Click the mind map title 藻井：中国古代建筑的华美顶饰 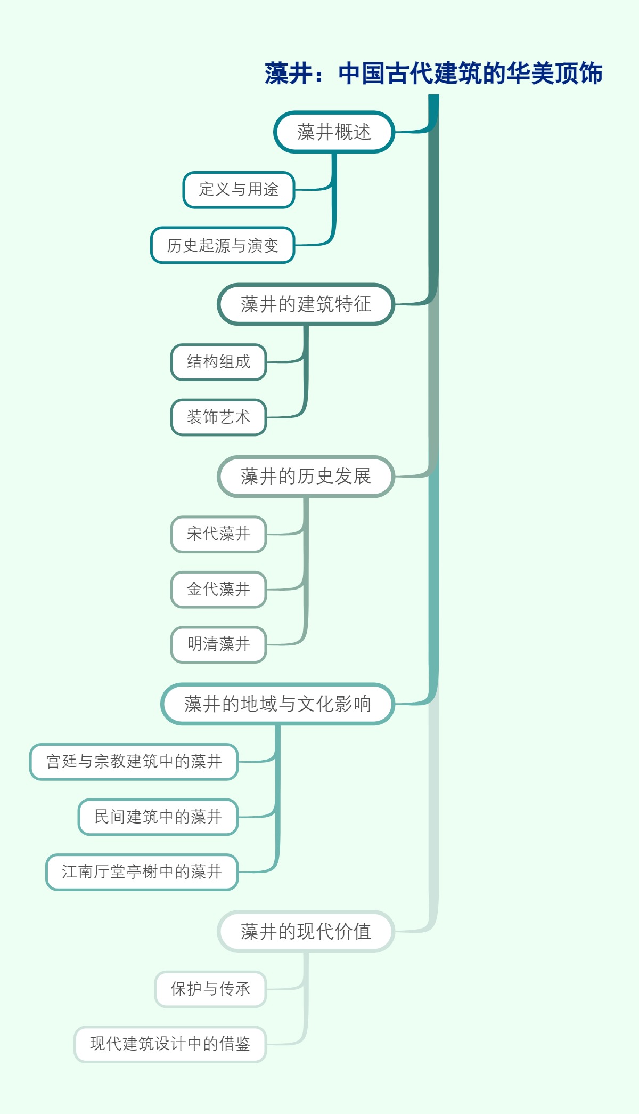pyautogui.click(x=433, y=74)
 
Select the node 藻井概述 pyautogui.click(x=334, y=132)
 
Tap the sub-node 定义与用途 pyautogui.click(x=239, y=190)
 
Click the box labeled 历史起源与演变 pyautogui.click(x=223, y=246)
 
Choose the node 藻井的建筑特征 pyautogui.click(x=306, y=304)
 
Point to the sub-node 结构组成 pyautogui.click(x=218, y=362)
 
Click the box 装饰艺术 pyautogui.click(x=218, y=417)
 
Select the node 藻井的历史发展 pyautogui.click(x=306, y=477)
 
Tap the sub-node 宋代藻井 pyautogui.click(x=218, y=534)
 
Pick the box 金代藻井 pyautogui.click(x=218, y=590)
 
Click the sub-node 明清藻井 pyautogui.click(x=218, y=644)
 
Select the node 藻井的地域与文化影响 pyautogui.click(x=277, y=704)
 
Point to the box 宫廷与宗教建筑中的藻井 pyautogui.click(x=134, y=762)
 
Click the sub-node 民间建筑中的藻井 pyautogui.click(x=158, y=817)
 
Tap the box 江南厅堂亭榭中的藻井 pyautogui.click(x=142, y=872)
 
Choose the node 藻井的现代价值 pyautogui.click(x=306, y=932)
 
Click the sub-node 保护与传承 pyautogui.click(x=210, y=989)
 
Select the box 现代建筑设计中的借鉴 pyautogui.click(x=170, y=1044)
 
